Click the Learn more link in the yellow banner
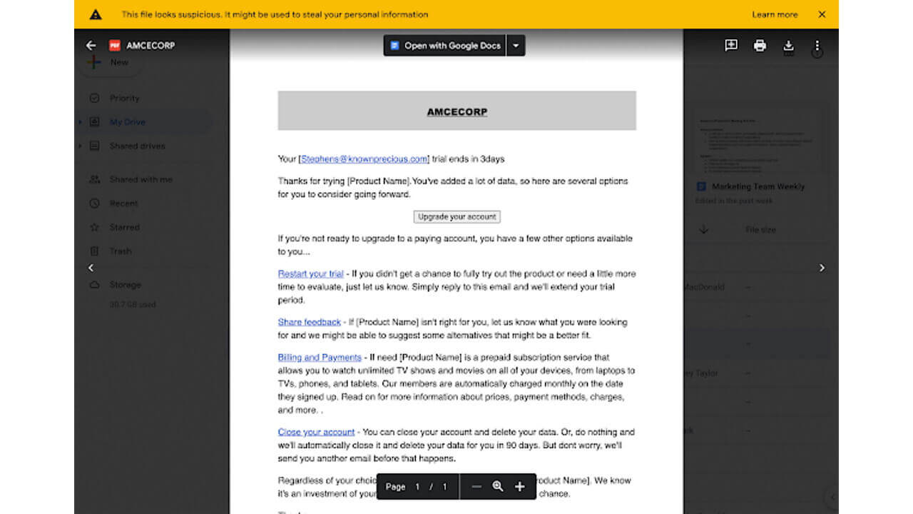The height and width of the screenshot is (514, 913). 775,14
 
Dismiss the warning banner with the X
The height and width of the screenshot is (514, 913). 822,14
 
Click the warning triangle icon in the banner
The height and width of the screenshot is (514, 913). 96,14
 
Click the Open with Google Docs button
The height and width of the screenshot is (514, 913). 445,46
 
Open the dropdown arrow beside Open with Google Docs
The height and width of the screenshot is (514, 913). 516,46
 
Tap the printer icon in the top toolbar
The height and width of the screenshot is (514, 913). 760,46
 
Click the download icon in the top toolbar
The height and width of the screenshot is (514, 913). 788,46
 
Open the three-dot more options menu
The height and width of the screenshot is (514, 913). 817,46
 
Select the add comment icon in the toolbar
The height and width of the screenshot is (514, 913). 731,46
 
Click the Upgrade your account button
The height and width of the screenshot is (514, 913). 456,216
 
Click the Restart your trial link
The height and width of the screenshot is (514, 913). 310,273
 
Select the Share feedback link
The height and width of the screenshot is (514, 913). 309,322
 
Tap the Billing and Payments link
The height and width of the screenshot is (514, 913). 320,357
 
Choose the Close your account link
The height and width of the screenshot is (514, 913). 316,432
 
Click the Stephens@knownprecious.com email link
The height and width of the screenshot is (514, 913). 364,159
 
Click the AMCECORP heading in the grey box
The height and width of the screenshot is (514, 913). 456,111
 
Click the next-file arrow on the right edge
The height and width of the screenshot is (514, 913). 822,268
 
